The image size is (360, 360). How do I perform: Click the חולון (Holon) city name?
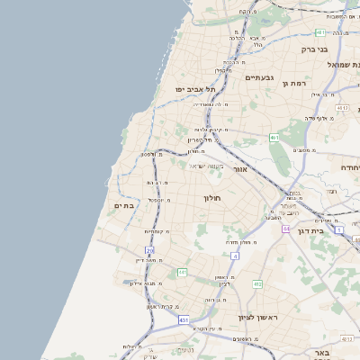tap(212, 197)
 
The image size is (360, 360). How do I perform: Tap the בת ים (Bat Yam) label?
tap(124, 206)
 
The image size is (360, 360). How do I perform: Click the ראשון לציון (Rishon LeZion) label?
tap(254, 317)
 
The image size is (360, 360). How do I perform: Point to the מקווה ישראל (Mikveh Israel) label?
tap(205, 165)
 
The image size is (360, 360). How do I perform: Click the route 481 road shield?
tap(320, 32)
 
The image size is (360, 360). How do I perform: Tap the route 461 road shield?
tap(274, 138)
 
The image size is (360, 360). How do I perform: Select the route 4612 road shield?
tap(343, 108)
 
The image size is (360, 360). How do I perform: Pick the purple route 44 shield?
tap(286, 229)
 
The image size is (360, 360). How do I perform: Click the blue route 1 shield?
tap(339, 230)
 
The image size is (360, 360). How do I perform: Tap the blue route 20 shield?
tap(149, 251)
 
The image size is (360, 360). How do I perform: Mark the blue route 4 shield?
tap(235, 256)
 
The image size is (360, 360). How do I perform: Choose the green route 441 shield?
tap(182, 272)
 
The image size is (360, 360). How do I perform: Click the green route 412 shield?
tap(257, 284)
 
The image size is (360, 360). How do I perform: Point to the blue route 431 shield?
tap(184, 319)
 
